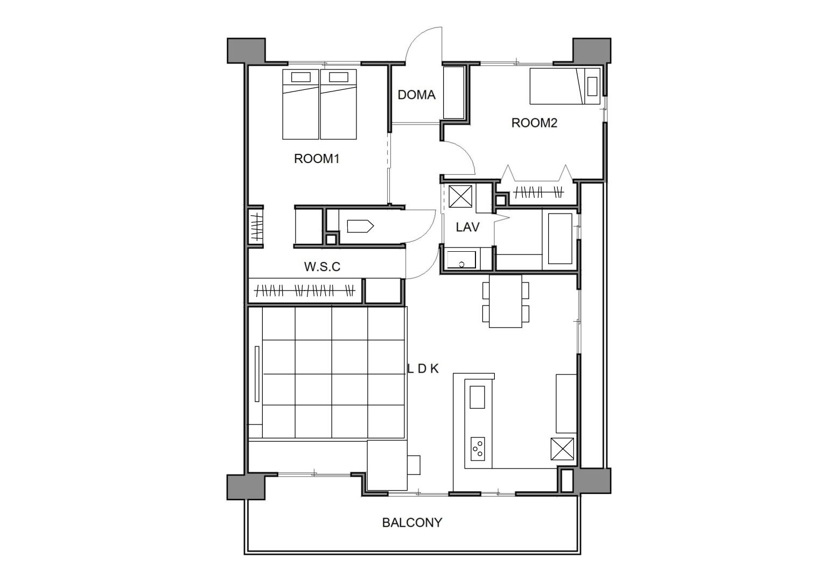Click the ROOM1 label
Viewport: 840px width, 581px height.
pyautogui.click(x=317, y=159)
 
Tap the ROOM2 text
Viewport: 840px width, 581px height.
pyautogui.click(x=534, y=123)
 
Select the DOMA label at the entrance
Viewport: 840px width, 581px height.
pyautogui.click(x=417, y=95)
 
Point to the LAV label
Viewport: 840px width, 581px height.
pyautogui.click(x=467, y=227)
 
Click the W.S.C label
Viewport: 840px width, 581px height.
pyautogui.click(x=322, y=267)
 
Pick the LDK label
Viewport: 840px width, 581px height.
pyautogui.click(x=423, y=369)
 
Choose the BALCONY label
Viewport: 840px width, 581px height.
pyautogui.click(x=412, y=522)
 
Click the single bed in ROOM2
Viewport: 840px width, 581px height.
pyautogui.click(x=565, y=86)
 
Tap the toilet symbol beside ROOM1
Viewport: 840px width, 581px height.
pyautogui.click(x=360, y=226)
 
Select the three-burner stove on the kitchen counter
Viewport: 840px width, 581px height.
pyautogui.click(x=478, y=449)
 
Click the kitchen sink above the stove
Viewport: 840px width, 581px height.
pyautogui.click(x=477, y=397)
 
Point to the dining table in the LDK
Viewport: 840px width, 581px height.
pyautogui.click(x=506, y=301)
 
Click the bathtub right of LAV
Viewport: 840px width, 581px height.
pyautogui.click(x=560, y=239)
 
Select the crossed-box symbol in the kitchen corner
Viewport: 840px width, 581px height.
pyautogui.click(x=562, y=449)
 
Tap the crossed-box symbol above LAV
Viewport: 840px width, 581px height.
pyautogui.click(x=460, y=196)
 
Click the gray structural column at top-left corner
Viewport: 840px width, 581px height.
pyautogui.click(x=247, y=50)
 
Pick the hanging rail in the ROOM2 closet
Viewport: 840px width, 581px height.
pyautogui.click(x=538, y=193)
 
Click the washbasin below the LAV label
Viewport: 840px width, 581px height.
pyautogui.click(x=461, y=260)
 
